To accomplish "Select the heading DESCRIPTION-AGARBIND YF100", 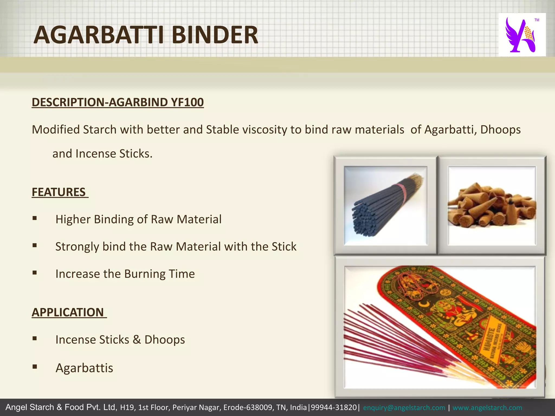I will pos(118,102).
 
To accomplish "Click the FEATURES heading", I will pos(59,192).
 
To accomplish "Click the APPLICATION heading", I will pos(68,312).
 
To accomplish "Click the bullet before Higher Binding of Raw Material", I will pos(34,218).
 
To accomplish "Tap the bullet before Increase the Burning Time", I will pos(34,273).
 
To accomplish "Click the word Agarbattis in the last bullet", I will pos(84,368).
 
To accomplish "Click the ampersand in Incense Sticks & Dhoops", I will pos(137,340).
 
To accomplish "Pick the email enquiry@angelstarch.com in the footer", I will pos(404,408).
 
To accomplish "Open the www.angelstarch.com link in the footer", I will pos(487,408).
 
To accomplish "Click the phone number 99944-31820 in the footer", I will pos(334,408).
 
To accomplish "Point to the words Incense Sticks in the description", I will pos(114,154).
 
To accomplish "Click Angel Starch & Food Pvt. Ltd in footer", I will pos(61,407).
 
